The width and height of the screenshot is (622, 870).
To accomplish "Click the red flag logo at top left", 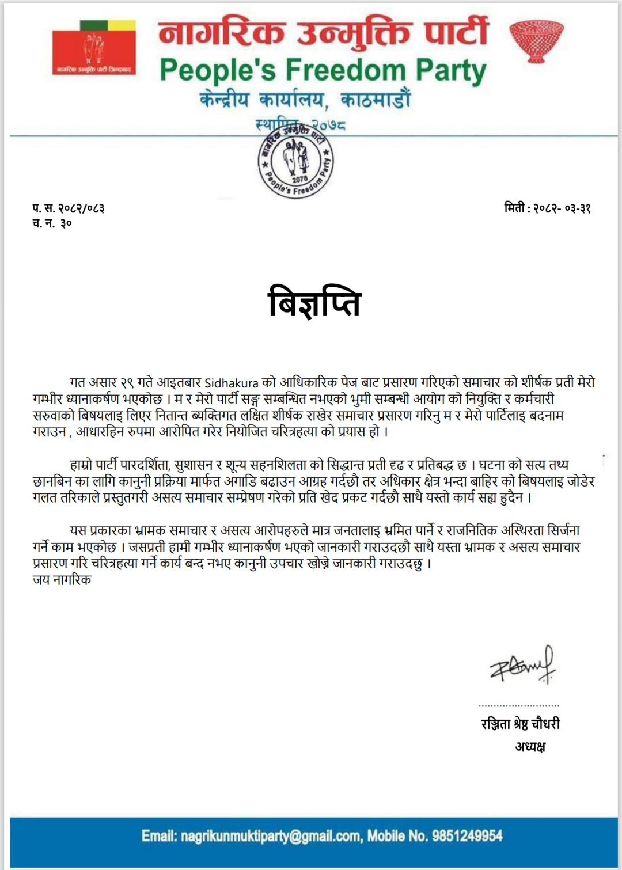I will click(94, 48).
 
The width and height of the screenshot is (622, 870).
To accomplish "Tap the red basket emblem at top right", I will click(536, 40).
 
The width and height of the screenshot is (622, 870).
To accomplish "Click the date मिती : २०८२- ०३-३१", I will click(547, 208).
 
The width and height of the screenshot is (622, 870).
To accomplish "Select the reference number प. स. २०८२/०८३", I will click(69, 208).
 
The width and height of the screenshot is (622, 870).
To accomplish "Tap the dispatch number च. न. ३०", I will click(52, 223).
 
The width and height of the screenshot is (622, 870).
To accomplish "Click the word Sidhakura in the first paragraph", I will click(232, 383).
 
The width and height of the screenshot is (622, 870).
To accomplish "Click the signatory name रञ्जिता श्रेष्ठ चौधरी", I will click(520, 724).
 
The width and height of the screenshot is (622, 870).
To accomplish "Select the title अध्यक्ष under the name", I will click(530, 747).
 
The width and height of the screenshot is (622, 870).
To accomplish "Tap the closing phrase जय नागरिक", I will click(62, 580).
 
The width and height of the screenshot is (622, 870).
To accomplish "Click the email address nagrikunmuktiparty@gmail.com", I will click(271, 836).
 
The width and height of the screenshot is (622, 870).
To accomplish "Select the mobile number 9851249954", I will click(467, 836).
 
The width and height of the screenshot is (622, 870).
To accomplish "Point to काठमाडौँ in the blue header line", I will click(376, 100).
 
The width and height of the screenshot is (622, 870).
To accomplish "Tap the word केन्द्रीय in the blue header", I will click(225, 100).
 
